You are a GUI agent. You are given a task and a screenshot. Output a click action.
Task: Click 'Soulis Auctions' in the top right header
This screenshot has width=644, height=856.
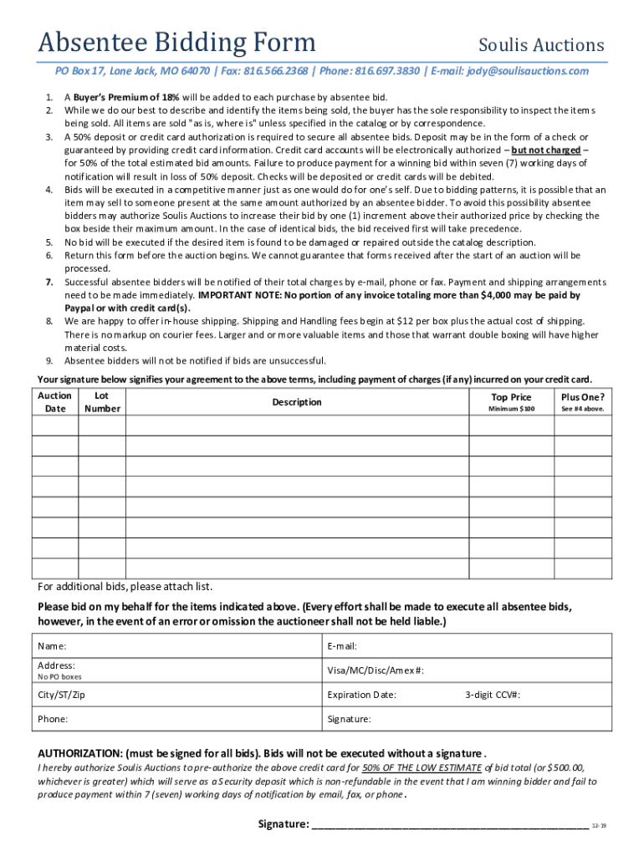tap(540, 45)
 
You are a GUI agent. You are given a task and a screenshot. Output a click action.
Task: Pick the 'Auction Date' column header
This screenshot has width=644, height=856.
tap(55, 402)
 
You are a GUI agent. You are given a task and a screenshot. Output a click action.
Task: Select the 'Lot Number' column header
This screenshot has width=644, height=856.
tap(102, 402)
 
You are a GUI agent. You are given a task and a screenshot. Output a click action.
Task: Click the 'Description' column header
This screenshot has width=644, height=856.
tap(297, 402)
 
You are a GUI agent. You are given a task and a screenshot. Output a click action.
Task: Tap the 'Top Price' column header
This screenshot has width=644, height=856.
tap(511, 397)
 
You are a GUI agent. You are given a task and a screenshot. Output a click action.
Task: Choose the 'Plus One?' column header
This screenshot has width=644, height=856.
tap(583, 397)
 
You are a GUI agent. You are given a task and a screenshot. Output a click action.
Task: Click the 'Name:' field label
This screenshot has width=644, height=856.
tap(53, 646)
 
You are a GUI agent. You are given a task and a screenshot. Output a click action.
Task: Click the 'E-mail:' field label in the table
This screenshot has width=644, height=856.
tap(342, 646)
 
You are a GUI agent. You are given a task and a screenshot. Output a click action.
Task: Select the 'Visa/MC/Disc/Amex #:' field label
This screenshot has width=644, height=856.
tap(376, 670)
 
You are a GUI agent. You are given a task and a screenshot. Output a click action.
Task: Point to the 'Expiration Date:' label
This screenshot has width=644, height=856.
tap(362, 695)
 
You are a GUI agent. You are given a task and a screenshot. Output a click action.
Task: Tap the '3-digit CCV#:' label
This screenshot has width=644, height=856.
tap(493, 695)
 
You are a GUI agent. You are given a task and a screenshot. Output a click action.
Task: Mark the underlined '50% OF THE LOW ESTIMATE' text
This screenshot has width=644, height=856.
tap(422, 767)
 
